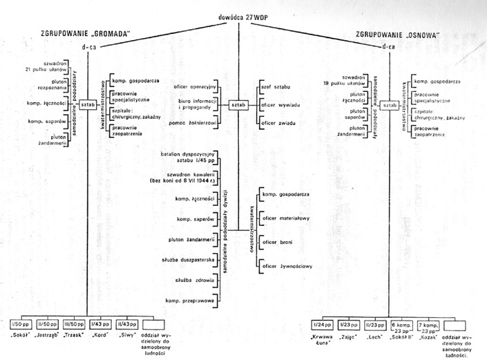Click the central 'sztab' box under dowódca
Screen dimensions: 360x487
pyautogui.click(x=238, y=105)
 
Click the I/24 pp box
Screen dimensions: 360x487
pyautogui.click(x=320, y=324)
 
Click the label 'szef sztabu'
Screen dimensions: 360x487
pyautogui.click(x=274, y=88)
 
